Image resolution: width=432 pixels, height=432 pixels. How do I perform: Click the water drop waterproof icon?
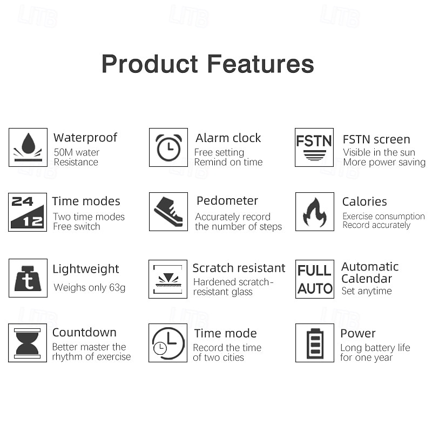tap(28, 147)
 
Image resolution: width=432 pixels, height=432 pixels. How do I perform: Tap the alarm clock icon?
tap(168, 147)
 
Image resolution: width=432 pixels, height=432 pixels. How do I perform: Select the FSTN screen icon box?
tap(314, 147)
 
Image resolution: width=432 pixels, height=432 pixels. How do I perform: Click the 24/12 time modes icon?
tap(28, 212)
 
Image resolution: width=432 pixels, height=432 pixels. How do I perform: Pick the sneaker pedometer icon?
tap(168, 212)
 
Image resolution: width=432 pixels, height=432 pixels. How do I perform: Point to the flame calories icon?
tap(314, 212)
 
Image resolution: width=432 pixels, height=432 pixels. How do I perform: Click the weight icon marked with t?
tap(28, 278)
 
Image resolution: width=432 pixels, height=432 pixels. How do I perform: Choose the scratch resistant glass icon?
tap(168, 279)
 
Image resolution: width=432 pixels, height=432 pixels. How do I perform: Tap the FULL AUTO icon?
tap(315, 279)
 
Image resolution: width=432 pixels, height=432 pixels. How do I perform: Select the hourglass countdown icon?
tap(28, 342)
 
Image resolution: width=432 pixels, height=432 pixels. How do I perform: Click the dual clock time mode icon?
tap(168, 342)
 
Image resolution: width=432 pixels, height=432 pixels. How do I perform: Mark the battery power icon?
tap(314, 342)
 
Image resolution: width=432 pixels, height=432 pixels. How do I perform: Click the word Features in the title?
tap(260, 64)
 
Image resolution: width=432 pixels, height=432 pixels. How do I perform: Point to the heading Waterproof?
tap(85, 138)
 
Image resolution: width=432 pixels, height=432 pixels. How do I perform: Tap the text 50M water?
tap(77, 152)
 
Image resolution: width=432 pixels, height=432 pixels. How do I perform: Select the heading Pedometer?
tap(227, 201)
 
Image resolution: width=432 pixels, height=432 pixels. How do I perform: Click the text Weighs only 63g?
tap(90, 287)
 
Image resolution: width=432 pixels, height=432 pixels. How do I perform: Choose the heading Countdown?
tap(84, 333)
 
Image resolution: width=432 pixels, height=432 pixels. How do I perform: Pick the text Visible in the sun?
tap(379, 153)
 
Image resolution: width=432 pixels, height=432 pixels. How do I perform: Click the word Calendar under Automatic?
tap(367, 279)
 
